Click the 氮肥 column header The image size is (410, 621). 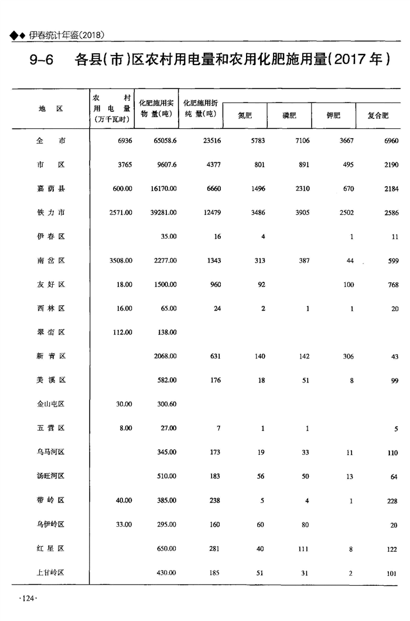pyautogui.click(x=245, y=115)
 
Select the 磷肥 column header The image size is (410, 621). pyautogui.click(x=289, y=115)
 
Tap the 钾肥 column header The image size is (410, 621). pyautogui.click(x=333, y=115)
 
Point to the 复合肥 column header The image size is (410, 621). pyautogui.click(x=378, y=115)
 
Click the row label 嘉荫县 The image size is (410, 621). pyautogui.click(x=50, y=189)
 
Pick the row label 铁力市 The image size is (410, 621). pyautogui.click(x=50, y=213)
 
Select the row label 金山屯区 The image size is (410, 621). pyautogui.click(x=50, y=404)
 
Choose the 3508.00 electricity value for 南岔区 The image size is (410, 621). pyautogui.click(x=121, y=260)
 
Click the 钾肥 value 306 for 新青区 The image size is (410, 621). pyautogui.click(x=348, y=356)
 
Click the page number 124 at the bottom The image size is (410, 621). pyautogui.click(x=28, y=598)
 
